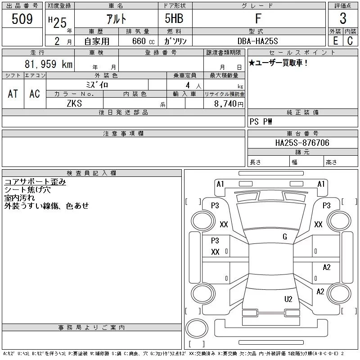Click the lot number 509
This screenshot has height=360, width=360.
pyautogui.click(x=22, y=19)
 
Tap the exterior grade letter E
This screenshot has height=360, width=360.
pyautogui.click(x=335, y=40)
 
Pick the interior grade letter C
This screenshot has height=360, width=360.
pyautogui.click(x=350, y=40)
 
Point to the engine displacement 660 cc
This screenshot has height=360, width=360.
pyautogui.click(x=138, y=40)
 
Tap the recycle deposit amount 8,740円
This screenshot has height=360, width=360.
pyautogui.click(x=228, y=103)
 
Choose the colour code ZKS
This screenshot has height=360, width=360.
pyautogui.click(x=75, y=103)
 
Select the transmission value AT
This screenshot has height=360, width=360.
pyautogui.click(x=13, y=94)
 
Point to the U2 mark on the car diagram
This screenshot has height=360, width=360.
pyautogui.click(x=288, y=299)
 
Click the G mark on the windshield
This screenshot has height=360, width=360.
pyautogui.click(x=285, y=237)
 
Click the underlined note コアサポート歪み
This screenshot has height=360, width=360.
pyautogui.click(x=35, y=182)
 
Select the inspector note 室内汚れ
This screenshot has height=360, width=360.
pyautogui.click(x=19, y=198)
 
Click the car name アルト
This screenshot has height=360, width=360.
pyautogui.click(x=116, y=19)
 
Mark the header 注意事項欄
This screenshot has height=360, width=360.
pyautogui.click(x=123, y=134)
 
